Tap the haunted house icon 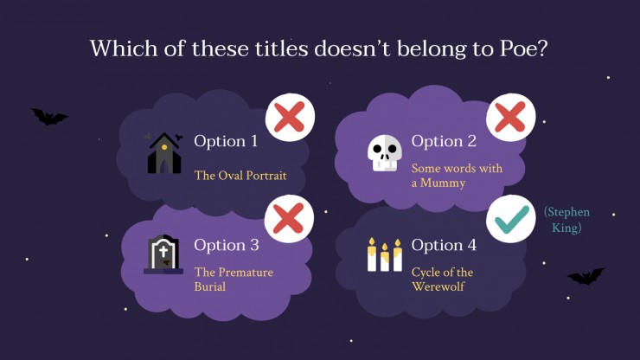[163, 153]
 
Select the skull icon [385, 153]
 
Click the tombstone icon [163, 254]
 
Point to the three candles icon [385, 254]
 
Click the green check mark [512, 219]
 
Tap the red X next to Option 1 [290, 118]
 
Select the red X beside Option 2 [510, 118]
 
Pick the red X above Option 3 [289, 219]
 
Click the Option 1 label [226, 141]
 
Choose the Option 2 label [444, 141]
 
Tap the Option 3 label [227, 245]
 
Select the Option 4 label [444, 245]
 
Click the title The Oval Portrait [240, 176]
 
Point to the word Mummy [443, 183]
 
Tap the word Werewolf [438, 286]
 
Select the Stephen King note [566, 220]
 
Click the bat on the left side [49, 117]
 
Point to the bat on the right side [586, 277]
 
